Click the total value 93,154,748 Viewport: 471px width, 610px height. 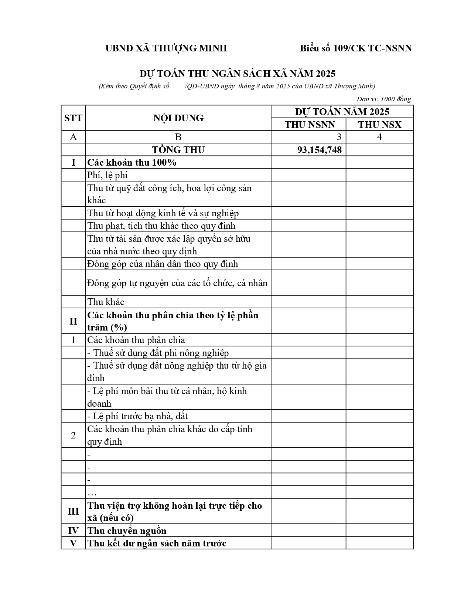tap(319, 150)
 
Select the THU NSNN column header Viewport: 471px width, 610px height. tap(310, 125)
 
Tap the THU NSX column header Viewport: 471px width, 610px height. tap(379, 125)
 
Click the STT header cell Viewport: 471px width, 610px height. tap(73, 118)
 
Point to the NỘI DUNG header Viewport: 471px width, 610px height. tap(178, 118)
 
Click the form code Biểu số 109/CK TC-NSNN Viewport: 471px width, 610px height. tap(355, 48)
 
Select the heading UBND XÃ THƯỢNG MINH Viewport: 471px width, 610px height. tap(166, 48)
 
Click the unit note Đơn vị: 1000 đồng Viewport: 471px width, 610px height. tap(384, 99)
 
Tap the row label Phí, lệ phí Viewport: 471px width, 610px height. tap(107, 175)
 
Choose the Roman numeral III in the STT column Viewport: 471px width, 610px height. tap(73, 511)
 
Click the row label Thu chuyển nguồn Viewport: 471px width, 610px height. tap(127, 531)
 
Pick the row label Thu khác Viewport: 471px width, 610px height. tap(106, 302)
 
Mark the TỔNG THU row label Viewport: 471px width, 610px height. tap(178, 150)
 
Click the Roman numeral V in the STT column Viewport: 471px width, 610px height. tap(73, 543)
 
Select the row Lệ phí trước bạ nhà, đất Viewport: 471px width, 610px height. tap(137, 416)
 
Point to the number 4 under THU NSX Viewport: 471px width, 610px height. tap(379, 137)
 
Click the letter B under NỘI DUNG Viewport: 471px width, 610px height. tap(178, 137)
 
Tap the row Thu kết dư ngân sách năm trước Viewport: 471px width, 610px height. tap(157, 543)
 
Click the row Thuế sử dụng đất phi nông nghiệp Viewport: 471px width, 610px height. tap(158, 353)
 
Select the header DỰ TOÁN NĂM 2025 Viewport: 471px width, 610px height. tap(342, 112)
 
